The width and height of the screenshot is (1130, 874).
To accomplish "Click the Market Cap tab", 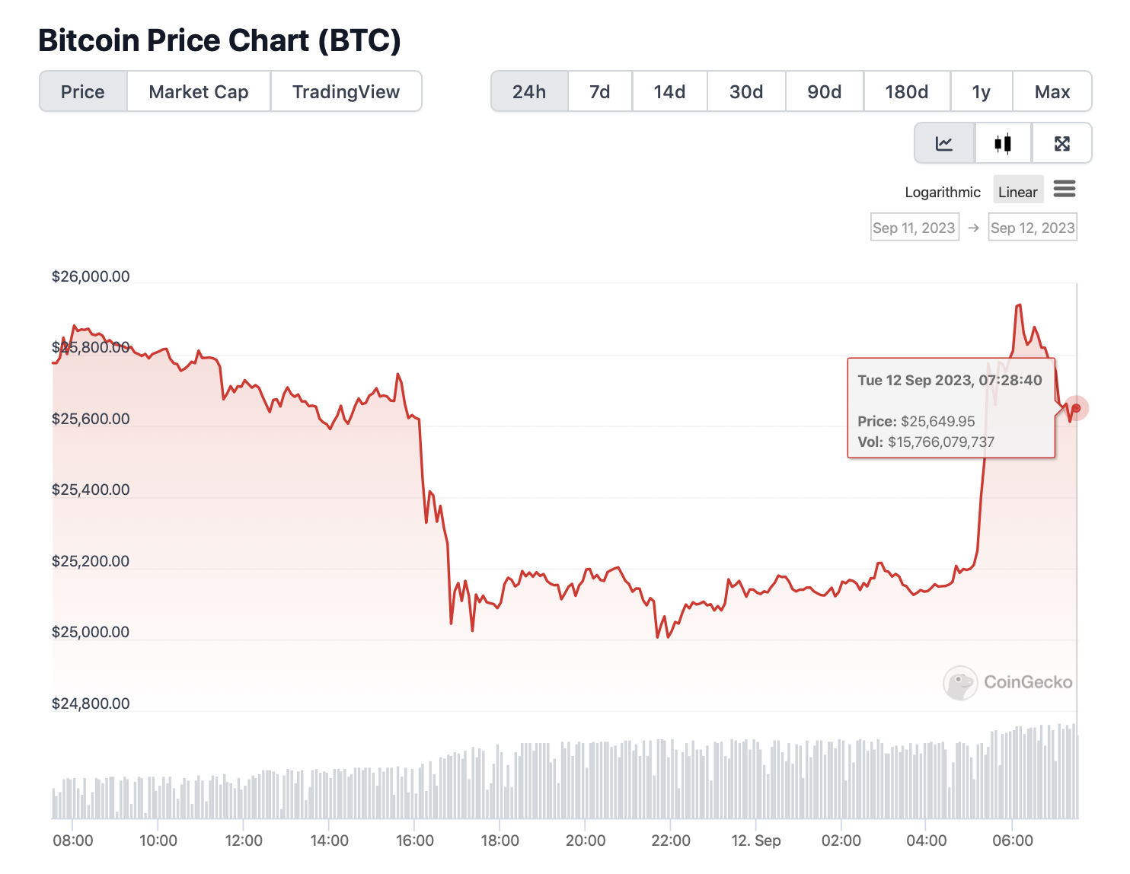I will click(x=199, y=92).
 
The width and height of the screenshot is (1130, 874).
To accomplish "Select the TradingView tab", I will click(x=346, y=92).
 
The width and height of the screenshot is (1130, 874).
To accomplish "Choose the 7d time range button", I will click(x=600, y=92).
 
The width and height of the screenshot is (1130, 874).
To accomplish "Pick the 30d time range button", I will click(x=746, y=92).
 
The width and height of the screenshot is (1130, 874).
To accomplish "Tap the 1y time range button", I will click(x=982, y=92).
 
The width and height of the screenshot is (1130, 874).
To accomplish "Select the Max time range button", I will click(x=1052, y=92).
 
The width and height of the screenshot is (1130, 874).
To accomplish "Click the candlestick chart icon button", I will click(x=1003, y=143).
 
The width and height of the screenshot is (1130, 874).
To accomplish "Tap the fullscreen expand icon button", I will click(x=1062, y=143).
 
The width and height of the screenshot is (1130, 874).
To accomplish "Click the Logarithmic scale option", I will click(x=943, y=192).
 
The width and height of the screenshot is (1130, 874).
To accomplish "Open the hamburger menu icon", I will click(x=1065, y=189).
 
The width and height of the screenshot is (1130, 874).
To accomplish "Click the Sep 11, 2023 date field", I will click(x=914, y=228).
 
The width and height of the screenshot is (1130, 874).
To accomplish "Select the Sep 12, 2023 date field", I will click(x=1033, y=228).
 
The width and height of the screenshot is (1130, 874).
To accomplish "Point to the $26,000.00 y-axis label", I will click(x=91, y=276).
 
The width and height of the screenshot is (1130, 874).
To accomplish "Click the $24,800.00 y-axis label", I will click(x=91, y=703).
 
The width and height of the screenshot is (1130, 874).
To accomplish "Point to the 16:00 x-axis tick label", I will click(x=415, y=841).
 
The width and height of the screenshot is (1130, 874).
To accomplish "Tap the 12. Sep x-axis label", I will click(x=756, y=841).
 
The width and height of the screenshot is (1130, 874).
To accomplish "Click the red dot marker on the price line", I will click(x=1076, y=408).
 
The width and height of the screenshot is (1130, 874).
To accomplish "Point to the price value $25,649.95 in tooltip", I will click(x=937, y=421).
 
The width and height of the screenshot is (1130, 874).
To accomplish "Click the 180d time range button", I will click(x=906, y=92).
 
